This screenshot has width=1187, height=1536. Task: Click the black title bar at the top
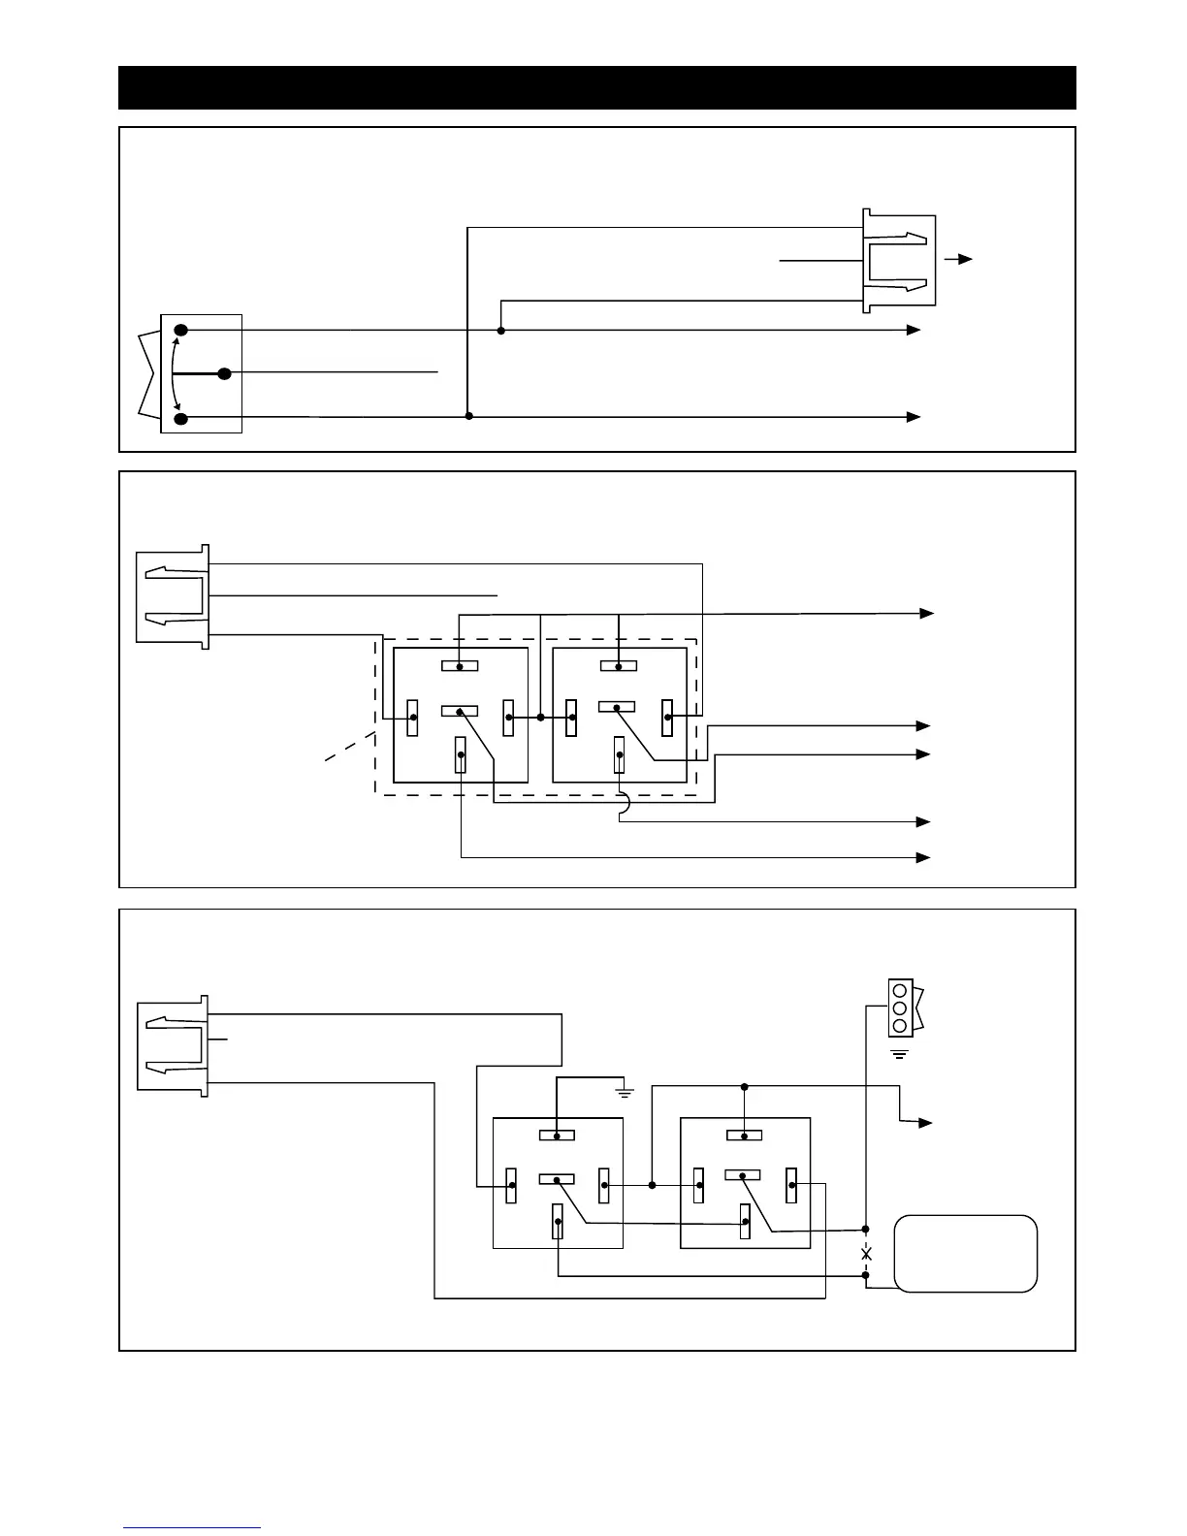click(x=596, y=87)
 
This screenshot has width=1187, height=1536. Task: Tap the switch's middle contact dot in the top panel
click(x=224, y=373)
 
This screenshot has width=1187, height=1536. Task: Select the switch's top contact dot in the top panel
click(x=180, y=331)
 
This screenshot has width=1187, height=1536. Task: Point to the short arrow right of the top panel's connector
click(x=959, y=260)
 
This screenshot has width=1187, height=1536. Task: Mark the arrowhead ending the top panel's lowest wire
click(x=914, y=417)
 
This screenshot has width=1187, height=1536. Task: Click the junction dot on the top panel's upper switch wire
click(x=500, y=331)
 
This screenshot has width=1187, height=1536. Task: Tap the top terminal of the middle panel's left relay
click(x=460, y=666)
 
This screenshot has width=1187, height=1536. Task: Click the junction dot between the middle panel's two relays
click(x=540, y=718)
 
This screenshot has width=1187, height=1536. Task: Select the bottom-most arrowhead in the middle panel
click(x=924, y=857)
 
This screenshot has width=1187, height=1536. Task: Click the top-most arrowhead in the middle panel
click(x=927, y=613)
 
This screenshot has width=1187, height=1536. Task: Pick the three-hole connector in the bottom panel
click(x=900, y=1008)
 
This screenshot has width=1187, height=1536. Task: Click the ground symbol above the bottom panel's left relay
click(x=626, y=1093)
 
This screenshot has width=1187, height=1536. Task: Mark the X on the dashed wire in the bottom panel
click(x=866, y=1254)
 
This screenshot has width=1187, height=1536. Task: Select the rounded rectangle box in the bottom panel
click(x=965, y=1253)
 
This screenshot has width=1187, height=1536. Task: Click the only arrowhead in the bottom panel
click(x=926, y=1123)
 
